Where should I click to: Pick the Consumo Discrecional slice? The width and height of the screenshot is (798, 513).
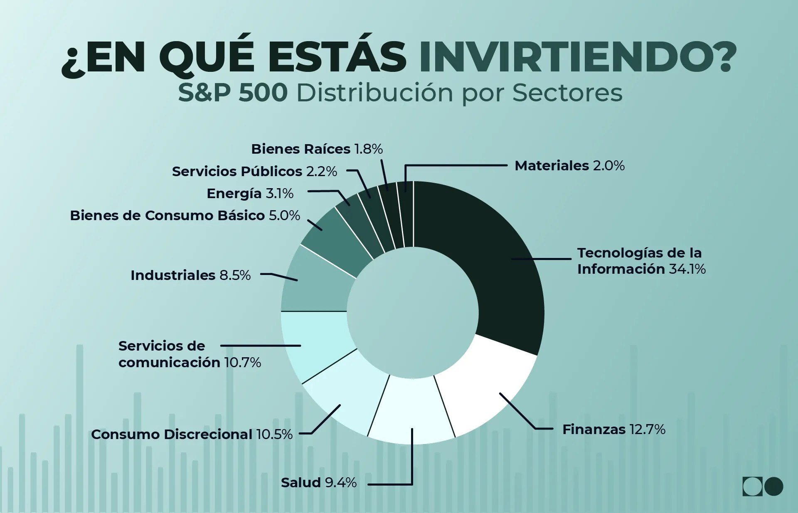pos(345,399)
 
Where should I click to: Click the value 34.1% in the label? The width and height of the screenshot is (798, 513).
pos(687,269)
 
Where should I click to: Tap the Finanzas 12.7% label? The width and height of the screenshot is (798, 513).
pos(613,429)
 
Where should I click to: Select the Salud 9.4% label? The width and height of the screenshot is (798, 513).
pos(319,483)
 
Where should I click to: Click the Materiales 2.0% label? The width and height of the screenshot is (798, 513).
pos(569,166)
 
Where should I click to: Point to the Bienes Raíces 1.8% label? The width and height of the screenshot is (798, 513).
pos(317,149)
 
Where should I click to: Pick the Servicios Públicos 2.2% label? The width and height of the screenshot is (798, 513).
pos(254,172)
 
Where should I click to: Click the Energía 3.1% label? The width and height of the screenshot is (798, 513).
pos(250,194)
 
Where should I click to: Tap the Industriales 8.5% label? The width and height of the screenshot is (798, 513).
pos(190,275)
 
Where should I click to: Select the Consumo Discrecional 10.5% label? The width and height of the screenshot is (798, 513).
pos(192,434)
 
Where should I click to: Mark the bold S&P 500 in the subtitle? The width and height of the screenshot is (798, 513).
pos(233,93)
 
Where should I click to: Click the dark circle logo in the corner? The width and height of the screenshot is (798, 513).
pos(773,486)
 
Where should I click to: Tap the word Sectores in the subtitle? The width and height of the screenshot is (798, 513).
pos(567,93)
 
